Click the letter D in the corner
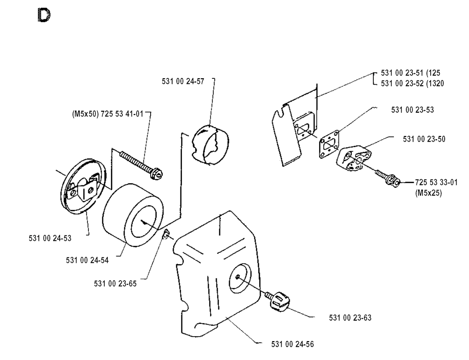[x=44, y=15]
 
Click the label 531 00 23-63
[x=349, y=317]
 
